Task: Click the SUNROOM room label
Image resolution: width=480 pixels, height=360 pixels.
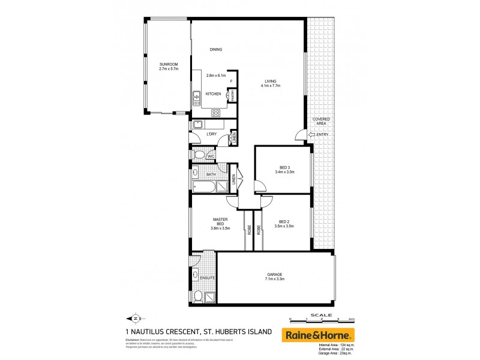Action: [x=169, y=64]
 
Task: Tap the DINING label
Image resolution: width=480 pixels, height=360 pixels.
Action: [x=216, y=50]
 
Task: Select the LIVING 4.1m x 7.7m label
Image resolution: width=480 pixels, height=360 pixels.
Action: [x=270, y=86]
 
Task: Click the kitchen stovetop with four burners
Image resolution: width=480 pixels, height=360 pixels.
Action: [x=215, y=112]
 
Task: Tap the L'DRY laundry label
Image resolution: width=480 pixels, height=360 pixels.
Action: [x=211, y=134]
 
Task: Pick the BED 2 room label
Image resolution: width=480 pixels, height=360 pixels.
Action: [x=286, y=221]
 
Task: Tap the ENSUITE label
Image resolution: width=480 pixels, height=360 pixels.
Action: [x=208, y=278]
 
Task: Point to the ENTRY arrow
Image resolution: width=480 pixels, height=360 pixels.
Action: [x=310, y=134]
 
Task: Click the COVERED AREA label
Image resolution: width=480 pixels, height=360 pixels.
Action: [x=322, y=122]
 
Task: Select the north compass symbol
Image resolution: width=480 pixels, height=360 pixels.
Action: [x=136, y=318]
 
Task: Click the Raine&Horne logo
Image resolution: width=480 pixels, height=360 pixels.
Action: [x=319, y=335]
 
